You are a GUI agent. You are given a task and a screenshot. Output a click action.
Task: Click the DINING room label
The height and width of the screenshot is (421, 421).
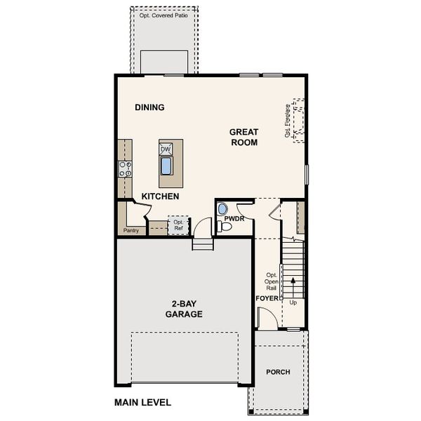pyautogui.click(x=149, y=107)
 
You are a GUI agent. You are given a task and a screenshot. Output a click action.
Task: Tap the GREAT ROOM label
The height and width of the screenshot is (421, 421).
pyautogui.click(x=243, y=137)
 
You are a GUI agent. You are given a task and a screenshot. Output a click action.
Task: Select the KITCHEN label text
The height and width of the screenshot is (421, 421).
pyautogui.click(x=160, y=196)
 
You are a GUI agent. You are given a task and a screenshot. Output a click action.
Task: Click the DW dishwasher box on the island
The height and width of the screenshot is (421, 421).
pyautogui.click(x=166, y=149)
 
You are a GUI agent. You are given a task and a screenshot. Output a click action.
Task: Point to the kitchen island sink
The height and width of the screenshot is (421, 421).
pyautogui.click(x=166, y=166)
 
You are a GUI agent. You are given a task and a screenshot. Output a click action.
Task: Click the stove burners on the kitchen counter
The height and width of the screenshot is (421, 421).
pyautogui.click(x=126, y=168)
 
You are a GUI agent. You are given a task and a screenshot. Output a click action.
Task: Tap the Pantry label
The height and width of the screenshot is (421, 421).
pyautogui.click(x=131, y=230)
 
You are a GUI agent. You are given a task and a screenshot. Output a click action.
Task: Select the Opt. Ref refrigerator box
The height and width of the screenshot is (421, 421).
pyautogui.click(x=178, y=226)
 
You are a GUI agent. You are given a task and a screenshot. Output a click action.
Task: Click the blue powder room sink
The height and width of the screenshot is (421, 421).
pyautogui.click(x=222, y=208)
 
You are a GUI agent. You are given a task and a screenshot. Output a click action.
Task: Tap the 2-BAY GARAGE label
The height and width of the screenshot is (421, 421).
pyautogui.click(x=184, y=309)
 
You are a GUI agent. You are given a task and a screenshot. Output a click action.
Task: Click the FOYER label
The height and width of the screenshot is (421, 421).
pyautogui.click(x=267, y=298)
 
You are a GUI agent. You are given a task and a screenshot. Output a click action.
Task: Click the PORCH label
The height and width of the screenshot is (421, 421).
pyautogui.click(x=278, y=372)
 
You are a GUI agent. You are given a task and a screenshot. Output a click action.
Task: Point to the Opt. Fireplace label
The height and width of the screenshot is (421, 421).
pyautogui.click(x=288, y=121)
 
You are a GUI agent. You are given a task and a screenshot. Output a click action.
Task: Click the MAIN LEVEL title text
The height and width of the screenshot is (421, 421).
pyautogui.click(x=142, y=403)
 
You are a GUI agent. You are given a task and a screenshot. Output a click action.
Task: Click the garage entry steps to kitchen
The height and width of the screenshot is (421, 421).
pyautogui.click(x=202, y=244)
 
